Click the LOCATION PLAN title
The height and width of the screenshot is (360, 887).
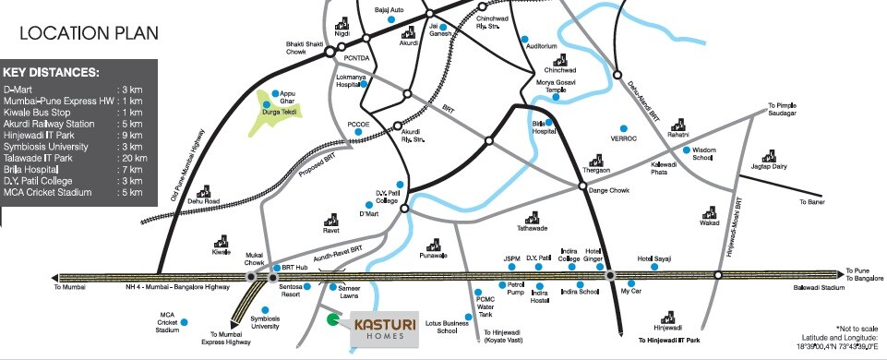point(89,34)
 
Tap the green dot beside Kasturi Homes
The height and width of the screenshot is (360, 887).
point(332,320)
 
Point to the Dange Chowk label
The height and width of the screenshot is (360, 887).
point(607,191)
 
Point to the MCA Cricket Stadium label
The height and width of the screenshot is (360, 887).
point(167,322)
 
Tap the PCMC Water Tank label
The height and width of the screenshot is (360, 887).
point(485,306)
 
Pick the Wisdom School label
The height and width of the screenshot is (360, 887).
point(703,153)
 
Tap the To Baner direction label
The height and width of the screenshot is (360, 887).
point(811,201)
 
